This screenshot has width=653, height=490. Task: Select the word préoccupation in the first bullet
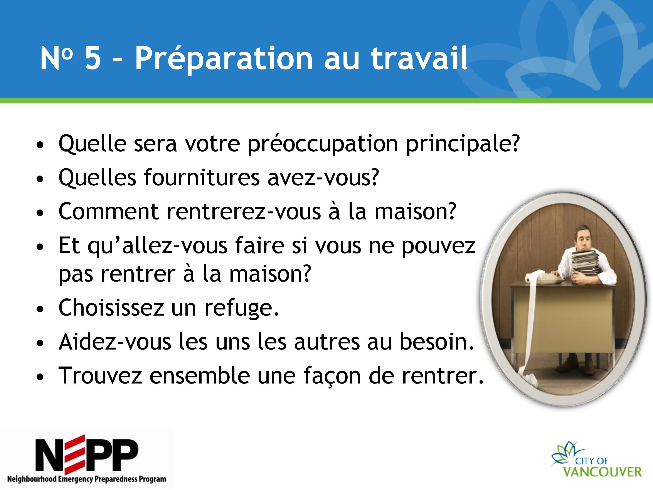(323, 144)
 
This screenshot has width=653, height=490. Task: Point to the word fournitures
(202, 177)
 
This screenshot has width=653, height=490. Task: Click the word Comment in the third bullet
(109, 211)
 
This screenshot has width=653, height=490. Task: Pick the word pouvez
(439, 247)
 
